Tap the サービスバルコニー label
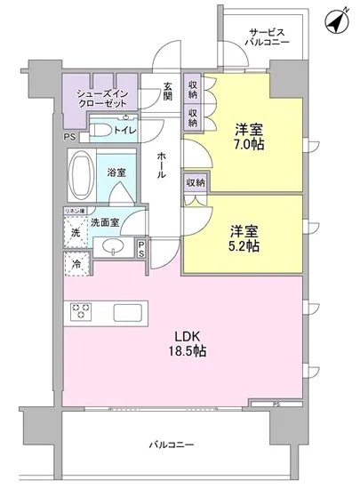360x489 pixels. click(266, 36)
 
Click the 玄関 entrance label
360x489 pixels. click(167, 93)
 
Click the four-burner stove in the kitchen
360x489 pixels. click(83, 312)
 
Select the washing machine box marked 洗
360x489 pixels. click(75, 232)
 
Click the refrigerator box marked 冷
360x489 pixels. click(75, 263)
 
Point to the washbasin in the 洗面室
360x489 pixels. click(113, 246)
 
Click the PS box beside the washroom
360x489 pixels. click(142, 249)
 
